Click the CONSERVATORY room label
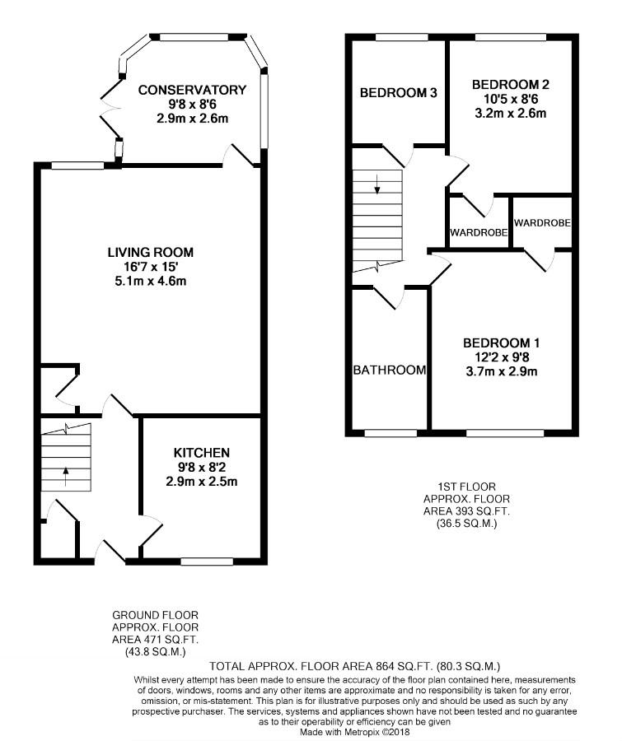tap(192, 90)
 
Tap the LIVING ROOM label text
tap(151, 253)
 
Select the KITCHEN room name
tap(202, 453)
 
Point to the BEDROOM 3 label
tap(398, 92)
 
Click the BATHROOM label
tap(390, 370)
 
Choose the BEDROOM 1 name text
tap(502, 343)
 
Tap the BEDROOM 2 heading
tap(511, 85)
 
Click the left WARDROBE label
tap(479, 232)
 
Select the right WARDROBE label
tap(542, 222)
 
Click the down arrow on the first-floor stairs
tap(377, 184)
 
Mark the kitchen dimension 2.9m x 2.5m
tap(202, 482)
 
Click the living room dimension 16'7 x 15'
tap(151, 267)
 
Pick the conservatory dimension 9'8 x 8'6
tap(192, 104)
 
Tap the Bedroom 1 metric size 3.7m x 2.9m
tap(502, 371)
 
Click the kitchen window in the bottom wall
tap(207, 562)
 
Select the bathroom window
tap(391, 432)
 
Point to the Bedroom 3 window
tap(401, 37)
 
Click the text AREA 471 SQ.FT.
tap(155, 640)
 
